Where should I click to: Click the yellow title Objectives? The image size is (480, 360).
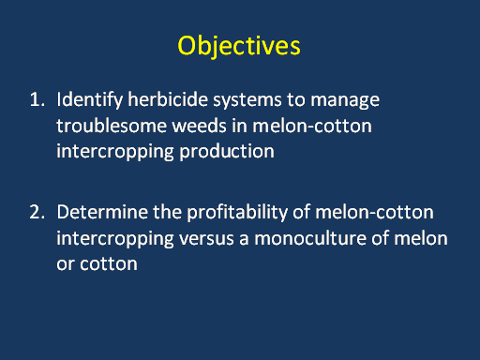pos(239,46)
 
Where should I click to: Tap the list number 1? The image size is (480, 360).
pos(37,99)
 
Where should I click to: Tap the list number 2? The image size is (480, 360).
pos(37,212)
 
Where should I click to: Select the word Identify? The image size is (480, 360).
pos(90,100)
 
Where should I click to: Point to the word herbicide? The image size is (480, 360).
pos(168,100)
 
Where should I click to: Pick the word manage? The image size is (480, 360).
pos(345,101)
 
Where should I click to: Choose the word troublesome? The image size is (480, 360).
pos(112,126)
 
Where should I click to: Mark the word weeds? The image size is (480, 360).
pos(199,126)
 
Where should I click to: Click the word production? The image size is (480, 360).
pos(227,152)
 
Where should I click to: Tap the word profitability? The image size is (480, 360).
pos(237,213)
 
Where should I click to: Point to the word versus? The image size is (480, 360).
pos(206,239)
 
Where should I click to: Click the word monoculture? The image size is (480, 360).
pos(310,238)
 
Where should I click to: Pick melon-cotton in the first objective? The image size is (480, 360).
pos(312,126)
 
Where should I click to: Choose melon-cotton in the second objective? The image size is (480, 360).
pos(374,212)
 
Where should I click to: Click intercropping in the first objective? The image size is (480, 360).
pos(115,152)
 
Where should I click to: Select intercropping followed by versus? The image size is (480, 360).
pos(115,239)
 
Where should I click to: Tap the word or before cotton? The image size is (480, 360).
pos(66,264)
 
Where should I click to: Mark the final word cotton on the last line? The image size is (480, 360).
pos(109,263)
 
